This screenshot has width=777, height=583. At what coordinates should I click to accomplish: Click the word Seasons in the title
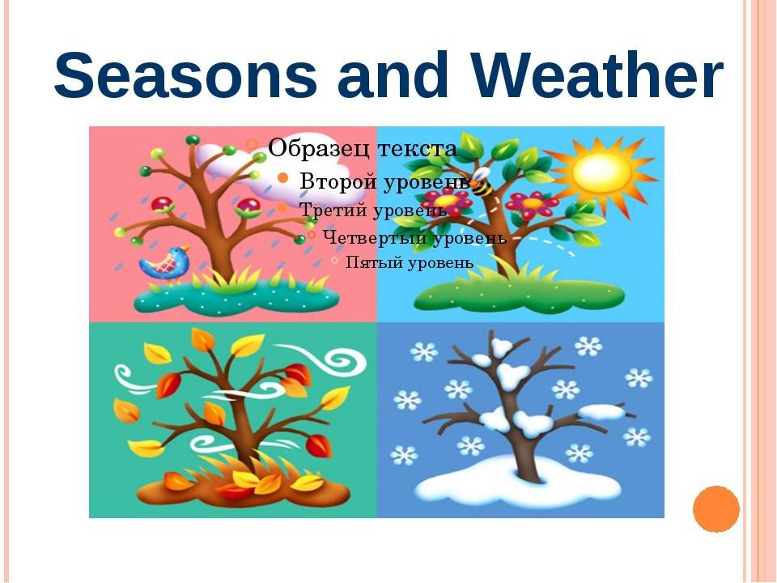(x=185, y=74)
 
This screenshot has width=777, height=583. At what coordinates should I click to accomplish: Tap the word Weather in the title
(x=597, y=74)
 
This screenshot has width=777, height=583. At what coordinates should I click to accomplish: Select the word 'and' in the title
(x=393, y=74)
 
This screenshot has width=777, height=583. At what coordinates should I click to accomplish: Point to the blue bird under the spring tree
(x=165, y=264)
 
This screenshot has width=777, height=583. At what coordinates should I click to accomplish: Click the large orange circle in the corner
(x=716, y=509)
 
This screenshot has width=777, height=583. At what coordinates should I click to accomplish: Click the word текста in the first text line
(x=417, y=149)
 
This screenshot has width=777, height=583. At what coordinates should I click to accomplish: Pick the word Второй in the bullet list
(x=338, y=181)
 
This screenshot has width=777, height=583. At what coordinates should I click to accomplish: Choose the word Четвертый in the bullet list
(x=375, y=237)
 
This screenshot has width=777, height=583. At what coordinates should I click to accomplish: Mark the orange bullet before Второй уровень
(x=283, y=178)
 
